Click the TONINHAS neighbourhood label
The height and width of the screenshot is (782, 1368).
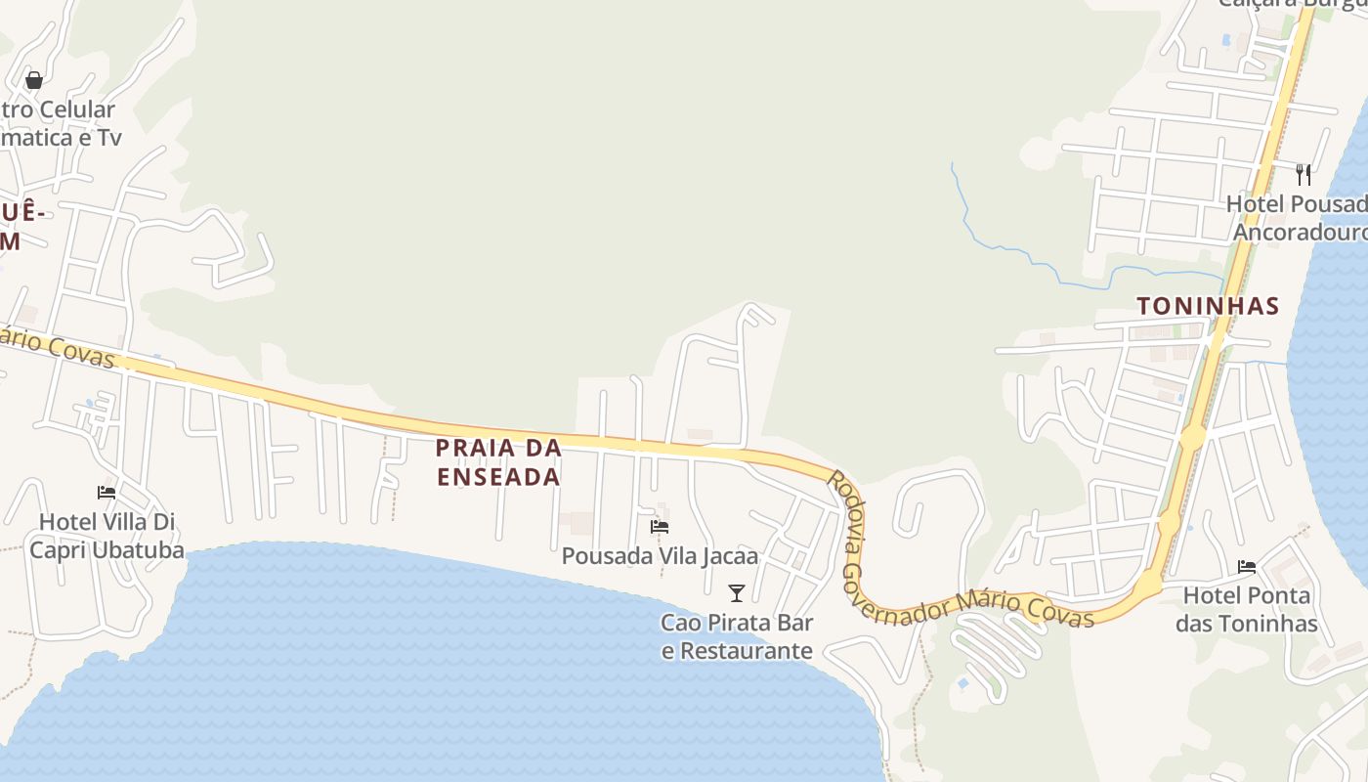pos(1208,306)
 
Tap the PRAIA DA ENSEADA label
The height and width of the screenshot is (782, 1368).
pos(498,462)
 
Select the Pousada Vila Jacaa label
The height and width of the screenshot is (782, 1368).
pos(660,556)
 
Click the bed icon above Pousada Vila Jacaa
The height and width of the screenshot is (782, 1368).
pos(660,527)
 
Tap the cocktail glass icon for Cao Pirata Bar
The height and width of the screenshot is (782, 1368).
pos(737,592)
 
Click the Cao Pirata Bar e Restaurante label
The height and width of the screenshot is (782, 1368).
pos(737,636)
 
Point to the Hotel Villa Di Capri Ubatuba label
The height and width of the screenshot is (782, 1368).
pos(107,536)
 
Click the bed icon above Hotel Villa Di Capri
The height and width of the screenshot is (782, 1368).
pos(107,493)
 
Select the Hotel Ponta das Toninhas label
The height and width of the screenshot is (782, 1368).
pos(1246,609)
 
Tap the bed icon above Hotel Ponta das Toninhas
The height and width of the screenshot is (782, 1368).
pos(1246,566)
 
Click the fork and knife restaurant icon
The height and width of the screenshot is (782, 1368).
pos(1303,174)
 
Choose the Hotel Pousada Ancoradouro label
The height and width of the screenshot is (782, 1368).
pos(1298,218)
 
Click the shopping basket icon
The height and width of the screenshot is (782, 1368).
pos(34,80)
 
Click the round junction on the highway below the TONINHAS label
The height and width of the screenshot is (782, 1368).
pos(1192,437)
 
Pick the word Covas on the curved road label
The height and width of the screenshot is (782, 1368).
pos(1060,610)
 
